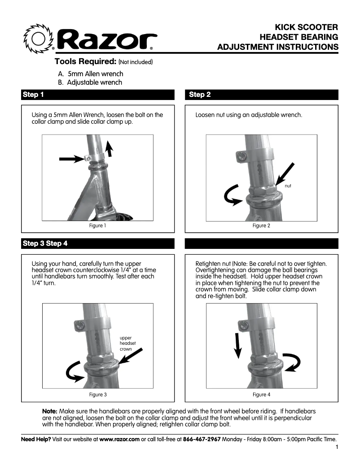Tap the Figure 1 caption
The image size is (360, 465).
[x=98, y=226]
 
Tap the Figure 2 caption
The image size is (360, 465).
[x=261, y=226]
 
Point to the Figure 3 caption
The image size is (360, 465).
[x=98, y=395]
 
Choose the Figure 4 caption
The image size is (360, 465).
[x=261, y=395]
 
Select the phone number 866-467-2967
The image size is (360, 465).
[x=202, y=439]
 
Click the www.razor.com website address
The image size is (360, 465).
[x=119, y=439]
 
